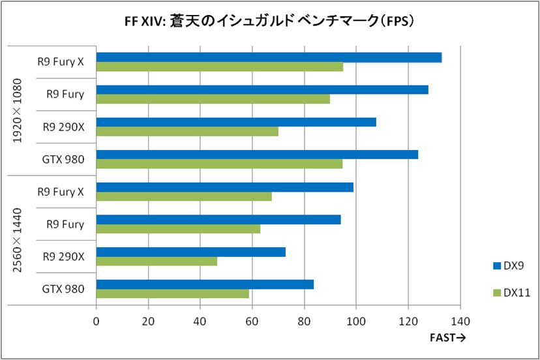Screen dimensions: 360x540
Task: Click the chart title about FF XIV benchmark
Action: pos(270,21)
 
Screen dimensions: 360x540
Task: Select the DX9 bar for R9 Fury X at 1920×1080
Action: pos(269,57)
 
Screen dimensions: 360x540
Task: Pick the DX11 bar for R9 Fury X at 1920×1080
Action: pos(219,67)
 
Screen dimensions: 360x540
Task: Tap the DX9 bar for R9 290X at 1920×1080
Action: pos(236,122)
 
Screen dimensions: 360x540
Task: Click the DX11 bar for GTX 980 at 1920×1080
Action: pos(219,164)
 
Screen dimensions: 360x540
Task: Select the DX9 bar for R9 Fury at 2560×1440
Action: pos(218,220)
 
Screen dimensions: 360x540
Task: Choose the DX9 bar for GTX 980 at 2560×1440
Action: pos(205,284)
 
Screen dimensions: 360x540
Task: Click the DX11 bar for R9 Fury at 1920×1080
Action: pos(213,99)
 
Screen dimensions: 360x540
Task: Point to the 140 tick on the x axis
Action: pos(460,321)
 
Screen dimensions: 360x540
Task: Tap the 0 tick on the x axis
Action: pos(97,321)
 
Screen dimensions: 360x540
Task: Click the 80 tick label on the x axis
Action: pos(304,321)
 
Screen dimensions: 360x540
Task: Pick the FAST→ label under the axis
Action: pos(447,337)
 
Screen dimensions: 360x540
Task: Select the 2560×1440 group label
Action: pos(18,240)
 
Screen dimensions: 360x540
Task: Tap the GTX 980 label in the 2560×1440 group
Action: pos(63,288)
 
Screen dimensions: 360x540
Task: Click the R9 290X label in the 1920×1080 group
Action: pos(64,127)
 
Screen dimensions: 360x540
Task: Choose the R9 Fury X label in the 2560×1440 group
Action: pos(61,192)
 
